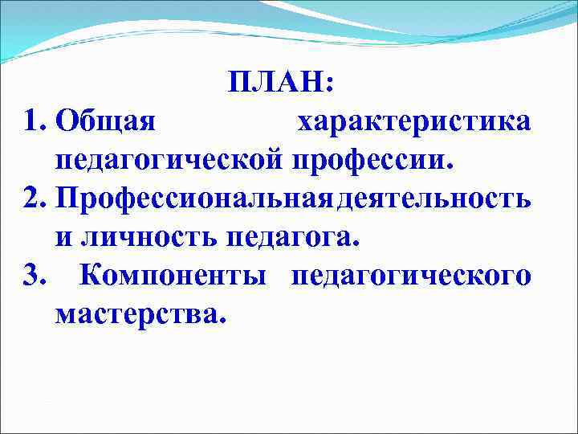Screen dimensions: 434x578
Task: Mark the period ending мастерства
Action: (x=222, y=320)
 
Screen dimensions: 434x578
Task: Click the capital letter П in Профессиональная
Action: (x=69, y=198)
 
